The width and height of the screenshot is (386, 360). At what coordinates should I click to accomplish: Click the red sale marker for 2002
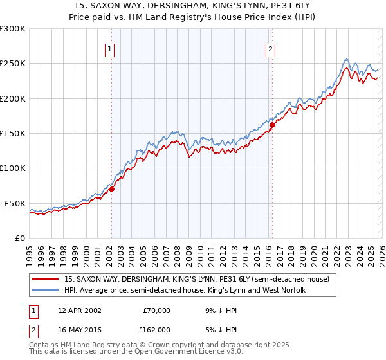tap(111, 189)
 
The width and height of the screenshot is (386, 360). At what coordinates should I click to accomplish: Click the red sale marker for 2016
tap(272, 125)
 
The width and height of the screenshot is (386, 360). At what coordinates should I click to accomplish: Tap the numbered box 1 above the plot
tap(110, 49)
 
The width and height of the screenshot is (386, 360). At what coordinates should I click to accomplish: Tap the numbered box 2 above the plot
tap(271, 49)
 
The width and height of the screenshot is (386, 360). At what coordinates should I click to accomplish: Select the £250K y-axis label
tap(13, 64)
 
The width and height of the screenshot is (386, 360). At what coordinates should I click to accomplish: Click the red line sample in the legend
tap(46, 279)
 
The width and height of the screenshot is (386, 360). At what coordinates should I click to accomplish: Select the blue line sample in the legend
tap(46, 291)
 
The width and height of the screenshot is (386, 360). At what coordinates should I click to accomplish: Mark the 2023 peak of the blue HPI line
tap(346, 59)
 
